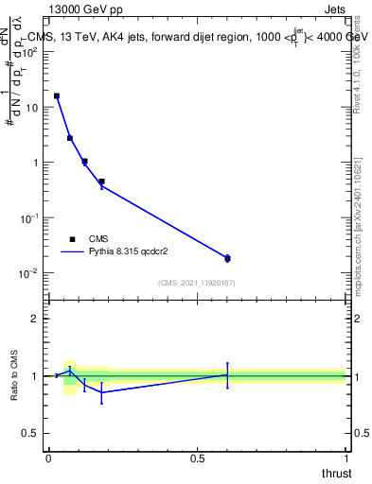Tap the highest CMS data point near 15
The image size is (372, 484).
pyautogui.click(x=57, y=95)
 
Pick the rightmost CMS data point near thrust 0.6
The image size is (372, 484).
pyautogui.click(x=227, y=258)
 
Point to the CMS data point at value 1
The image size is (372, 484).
pyautogui.click(x=84, y=162)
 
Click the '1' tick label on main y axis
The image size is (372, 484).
pyautogui.click(x=37, y=163)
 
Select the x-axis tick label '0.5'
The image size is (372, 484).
pyautogui.click(x=197, y=458)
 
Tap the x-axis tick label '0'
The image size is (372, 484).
pyautogui.click(x=48, y=458)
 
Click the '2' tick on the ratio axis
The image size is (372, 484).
pyautogui.click(x=36, y=319)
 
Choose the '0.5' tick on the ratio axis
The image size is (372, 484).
pyautogui.click(x=31, y=433)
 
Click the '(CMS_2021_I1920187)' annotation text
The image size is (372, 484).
pyautogui.click(x=197, y=283)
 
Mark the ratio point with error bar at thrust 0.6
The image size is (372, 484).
pyautogui.click(x=227, y=375)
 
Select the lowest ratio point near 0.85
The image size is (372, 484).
pyautogui.click(x=101, y=391)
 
